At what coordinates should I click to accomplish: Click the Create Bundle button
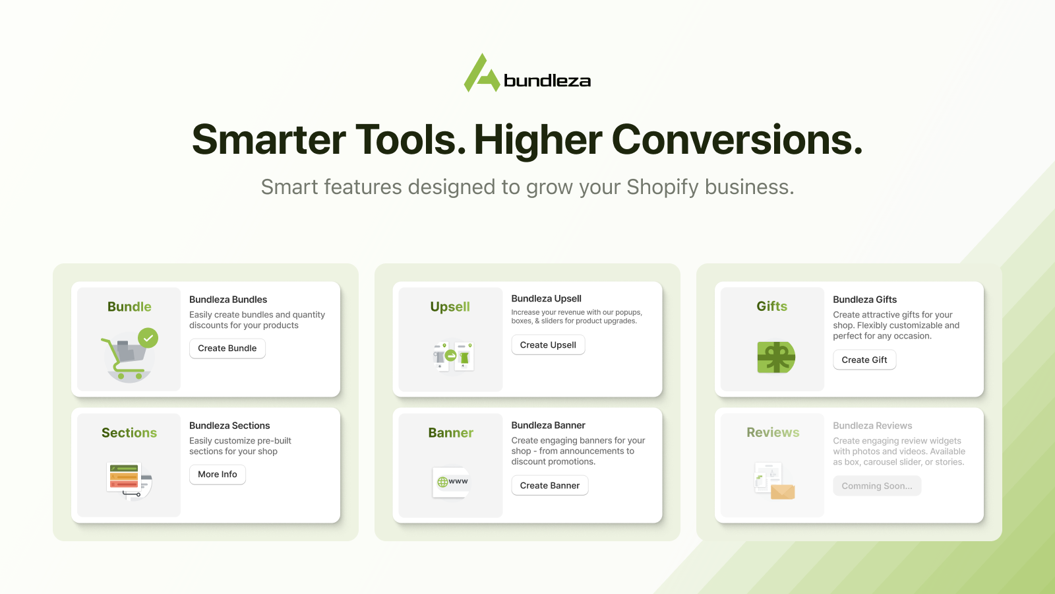click(227, 348)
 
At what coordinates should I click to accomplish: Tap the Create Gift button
click(864, 360)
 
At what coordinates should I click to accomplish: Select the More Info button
click(217, 475)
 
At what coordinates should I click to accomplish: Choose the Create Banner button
click(550, 486)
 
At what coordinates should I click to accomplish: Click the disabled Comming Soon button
click(877, 486)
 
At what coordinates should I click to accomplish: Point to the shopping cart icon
click(125, 358)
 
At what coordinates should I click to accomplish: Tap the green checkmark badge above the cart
click(148, 338)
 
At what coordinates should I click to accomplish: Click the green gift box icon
click(776, 357)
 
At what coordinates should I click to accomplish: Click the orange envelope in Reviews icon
click(783, 492)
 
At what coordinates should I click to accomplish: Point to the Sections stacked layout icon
click(129, 481)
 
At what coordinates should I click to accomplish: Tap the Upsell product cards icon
click(453, 356)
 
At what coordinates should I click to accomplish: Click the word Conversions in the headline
click(737, 139)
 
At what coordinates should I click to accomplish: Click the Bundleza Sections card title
click(229, 426)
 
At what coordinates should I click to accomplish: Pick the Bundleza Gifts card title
click(864, 300)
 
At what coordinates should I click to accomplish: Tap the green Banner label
click(451, 433)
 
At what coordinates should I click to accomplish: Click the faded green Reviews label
click(773, 432)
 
